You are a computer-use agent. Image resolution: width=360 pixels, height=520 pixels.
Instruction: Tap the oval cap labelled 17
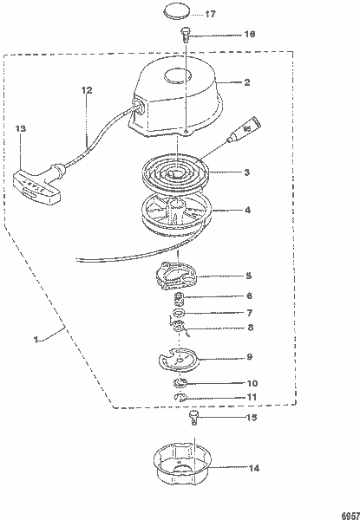178,13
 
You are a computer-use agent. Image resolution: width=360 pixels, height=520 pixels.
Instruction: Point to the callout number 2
246,83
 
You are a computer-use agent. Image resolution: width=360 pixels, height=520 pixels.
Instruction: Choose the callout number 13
22,128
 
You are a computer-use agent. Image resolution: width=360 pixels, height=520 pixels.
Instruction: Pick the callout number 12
86,90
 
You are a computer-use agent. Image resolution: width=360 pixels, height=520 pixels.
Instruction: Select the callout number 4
247,210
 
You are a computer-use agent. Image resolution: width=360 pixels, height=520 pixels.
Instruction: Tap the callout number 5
248,276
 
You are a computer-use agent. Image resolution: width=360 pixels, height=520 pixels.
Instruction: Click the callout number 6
249,296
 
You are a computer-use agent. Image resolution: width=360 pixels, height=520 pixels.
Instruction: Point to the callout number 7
249,313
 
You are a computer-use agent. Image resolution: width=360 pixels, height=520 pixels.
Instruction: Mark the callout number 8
249,328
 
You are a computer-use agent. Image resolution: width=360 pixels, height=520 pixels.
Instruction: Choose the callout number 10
252,383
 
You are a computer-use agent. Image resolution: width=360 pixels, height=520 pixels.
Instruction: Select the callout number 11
252,397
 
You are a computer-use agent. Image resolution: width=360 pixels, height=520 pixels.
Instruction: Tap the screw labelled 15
194,419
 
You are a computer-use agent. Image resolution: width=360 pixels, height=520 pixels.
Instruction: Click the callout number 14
253,469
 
